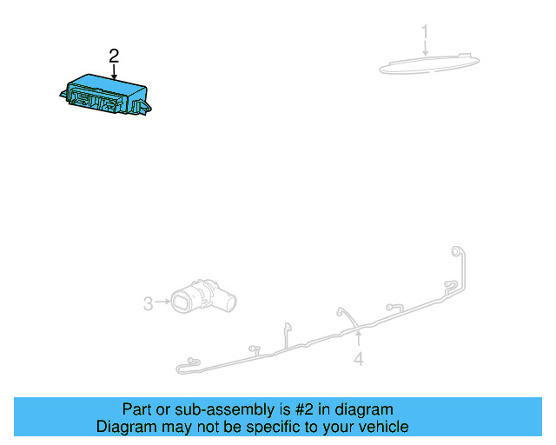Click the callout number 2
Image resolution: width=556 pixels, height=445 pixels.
coord(114,56)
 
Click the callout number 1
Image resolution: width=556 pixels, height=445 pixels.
coord(425,31)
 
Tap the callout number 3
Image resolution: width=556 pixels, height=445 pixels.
coord(148,303)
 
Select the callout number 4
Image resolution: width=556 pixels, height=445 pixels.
coord(359,359)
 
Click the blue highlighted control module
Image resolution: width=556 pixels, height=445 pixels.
coord(106,95)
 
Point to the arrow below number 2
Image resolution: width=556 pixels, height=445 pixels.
coord(114,72)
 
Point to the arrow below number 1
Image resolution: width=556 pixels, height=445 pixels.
coord(425,48)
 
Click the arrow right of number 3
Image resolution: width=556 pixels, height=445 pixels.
coord(162,302)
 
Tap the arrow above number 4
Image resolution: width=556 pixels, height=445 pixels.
coord(359,338)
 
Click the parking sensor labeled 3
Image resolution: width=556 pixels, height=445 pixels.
coord(203,297)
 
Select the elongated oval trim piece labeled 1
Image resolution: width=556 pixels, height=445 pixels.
coord(429,64)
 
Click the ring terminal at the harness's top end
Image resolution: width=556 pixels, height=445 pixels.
coord(455,251)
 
